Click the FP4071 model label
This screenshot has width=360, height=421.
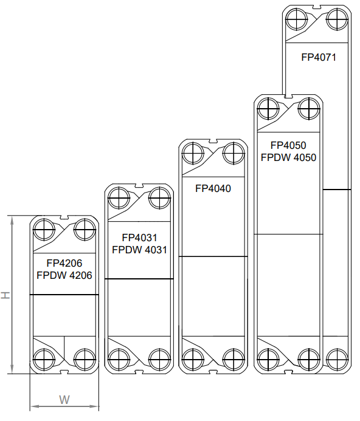(x=319, y=57)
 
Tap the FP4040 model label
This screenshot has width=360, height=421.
(x=213, y=188)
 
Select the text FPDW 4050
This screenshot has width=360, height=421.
(x=288, y=157)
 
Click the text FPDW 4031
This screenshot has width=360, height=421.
(x=139, y=250)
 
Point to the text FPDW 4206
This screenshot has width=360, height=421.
(x=64, y=275)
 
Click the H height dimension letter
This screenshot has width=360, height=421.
(x=5, y=295)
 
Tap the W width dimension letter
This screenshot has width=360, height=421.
(x=64, y=400)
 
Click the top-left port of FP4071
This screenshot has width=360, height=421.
(x=297, y=19)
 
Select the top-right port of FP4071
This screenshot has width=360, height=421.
(x=337, y=19)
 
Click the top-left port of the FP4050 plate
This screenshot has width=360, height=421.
(x=268, y=109)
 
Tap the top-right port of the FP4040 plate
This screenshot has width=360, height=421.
(x=234, y=154)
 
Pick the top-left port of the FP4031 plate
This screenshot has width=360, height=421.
(x=119, y=199)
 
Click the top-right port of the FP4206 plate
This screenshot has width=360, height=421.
(x=85, y=230)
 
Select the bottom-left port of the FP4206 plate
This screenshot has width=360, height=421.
(x=44, y=359)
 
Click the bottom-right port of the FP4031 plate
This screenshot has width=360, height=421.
(x=160, y=359)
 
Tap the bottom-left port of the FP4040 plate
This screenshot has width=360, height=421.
(x=193, y=359)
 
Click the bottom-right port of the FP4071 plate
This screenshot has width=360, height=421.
(x=337, y=359)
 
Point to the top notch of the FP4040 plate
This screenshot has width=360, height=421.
(x=213, y=141)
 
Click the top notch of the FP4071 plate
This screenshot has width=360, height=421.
(x=316, y=7)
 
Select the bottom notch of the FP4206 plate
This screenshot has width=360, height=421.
(x=64, y=372)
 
